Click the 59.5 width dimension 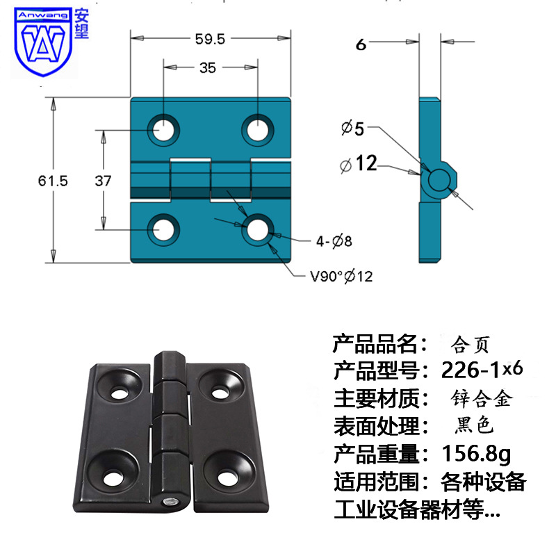coord(210,40)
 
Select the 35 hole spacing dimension coord(207,67)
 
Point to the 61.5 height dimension coord(53,181)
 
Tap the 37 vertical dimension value coord(103,181)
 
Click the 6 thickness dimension coord(360,44)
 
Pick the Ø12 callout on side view coord(358,164)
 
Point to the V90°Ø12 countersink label coord(341,276)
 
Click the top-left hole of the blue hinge coord(165,129)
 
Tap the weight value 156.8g coord(476,455)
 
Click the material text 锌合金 coord(481,399)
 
